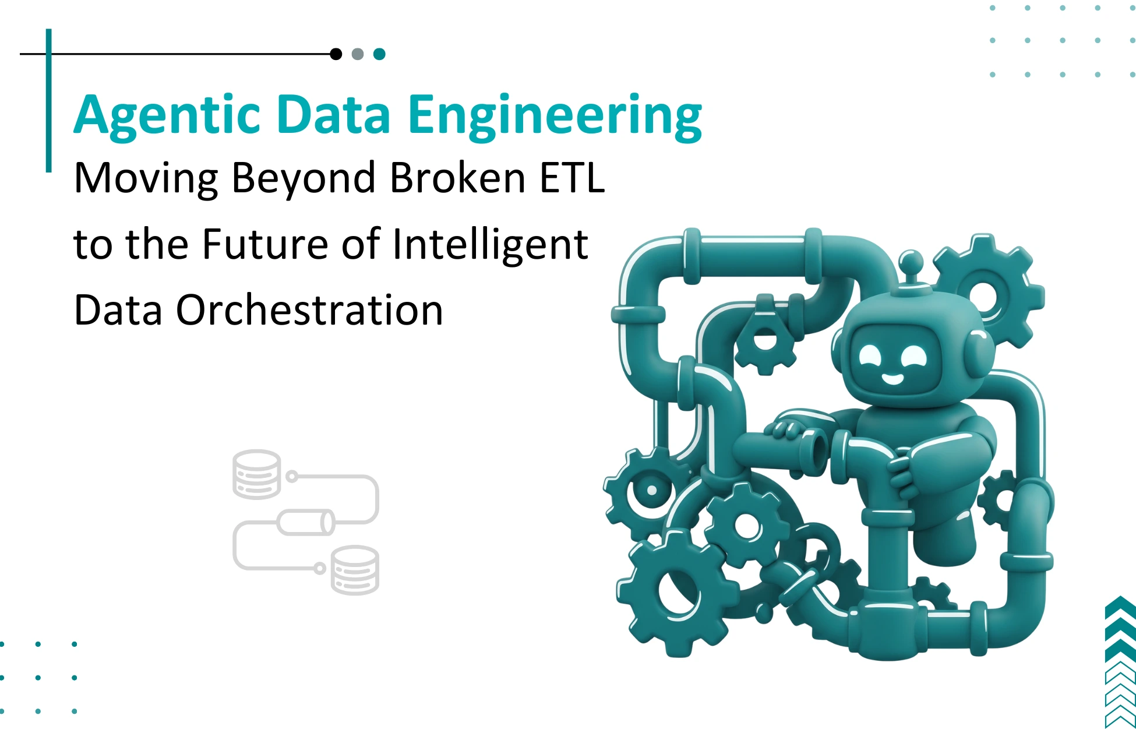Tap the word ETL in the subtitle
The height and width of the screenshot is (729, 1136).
[x=572, y=178]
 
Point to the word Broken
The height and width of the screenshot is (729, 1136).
[x=457, y=178]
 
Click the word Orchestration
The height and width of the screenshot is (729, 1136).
[x=309, y=310]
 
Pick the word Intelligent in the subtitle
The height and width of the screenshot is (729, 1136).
[x=490, y=244]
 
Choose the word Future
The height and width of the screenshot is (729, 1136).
[x=265, y=244]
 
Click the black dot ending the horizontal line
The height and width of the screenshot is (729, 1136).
[x=336, y=54]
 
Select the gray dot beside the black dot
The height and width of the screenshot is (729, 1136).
[x=358, y=54]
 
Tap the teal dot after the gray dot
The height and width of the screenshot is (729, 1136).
[x=379, y=54]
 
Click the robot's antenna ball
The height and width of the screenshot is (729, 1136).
[x=911, y=259]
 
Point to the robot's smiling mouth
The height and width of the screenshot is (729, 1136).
[x=892, y=379]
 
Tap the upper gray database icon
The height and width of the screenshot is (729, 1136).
[x=256, y=474]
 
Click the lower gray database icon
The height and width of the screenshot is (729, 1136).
[x=355, y=570]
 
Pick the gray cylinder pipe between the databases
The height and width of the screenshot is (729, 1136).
[x=306, y=522]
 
